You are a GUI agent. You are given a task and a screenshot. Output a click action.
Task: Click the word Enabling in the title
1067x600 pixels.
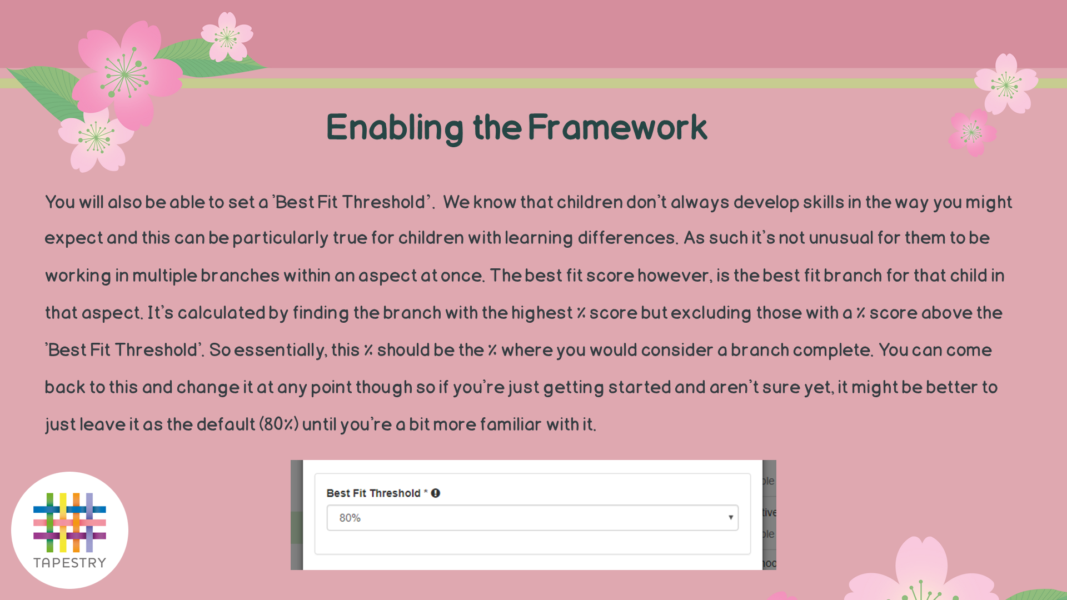(x=395, y=128)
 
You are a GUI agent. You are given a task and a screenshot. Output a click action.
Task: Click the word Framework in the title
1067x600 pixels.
(x=617, y=127)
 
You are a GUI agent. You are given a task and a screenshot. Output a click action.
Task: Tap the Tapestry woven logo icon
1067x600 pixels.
(x=69, y=522)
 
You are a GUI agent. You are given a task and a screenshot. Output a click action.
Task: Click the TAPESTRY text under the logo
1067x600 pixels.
(x=69, y=563)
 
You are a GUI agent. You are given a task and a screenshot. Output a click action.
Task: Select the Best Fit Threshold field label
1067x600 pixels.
(x=373, y=493)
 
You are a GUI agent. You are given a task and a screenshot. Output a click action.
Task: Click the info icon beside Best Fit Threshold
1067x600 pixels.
(x=436, y=493)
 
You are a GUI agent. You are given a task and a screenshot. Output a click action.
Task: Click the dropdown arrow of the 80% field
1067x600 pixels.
(x=731, y=518)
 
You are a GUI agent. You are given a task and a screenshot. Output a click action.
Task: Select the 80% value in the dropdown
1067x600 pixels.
(x=350, y=518)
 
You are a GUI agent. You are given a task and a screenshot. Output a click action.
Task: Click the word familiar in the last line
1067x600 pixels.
(x=511, y=425)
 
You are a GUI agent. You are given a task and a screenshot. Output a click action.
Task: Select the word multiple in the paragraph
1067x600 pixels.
(x=164, y=276)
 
